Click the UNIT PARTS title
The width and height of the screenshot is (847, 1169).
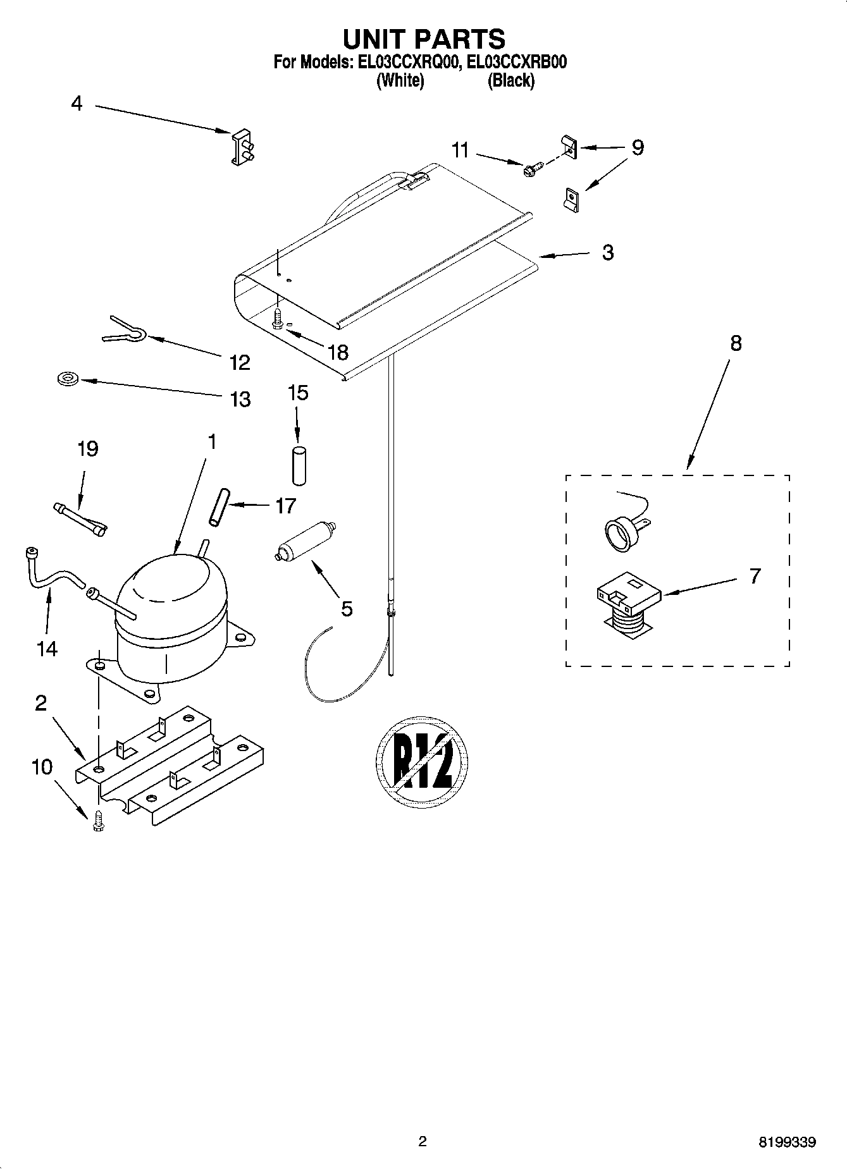[423, 39]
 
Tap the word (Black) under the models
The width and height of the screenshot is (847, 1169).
[510, 81]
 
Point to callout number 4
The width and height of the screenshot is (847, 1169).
[77, 104]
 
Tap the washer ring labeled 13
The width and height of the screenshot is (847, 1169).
[66, 379]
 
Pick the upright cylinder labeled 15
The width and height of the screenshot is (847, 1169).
[298, 466]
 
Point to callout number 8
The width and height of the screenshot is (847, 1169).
[735, 343]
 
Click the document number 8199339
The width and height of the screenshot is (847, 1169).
[787, 1143]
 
